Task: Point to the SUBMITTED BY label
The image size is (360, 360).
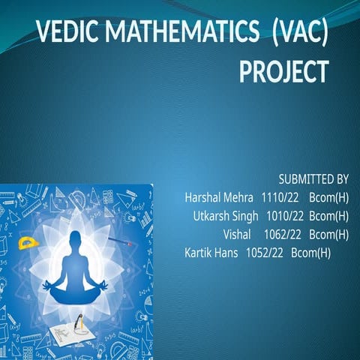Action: [313, 179]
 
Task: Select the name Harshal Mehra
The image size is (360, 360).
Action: [219, 198]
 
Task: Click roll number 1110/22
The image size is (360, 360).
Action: [280, 198]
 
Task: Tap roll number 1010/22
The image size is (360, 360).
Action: [284, 216]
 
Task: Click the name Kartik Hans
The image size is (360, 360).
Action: [210, 252]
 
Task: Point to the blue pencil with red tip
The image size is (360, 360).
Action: [120, 241]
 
